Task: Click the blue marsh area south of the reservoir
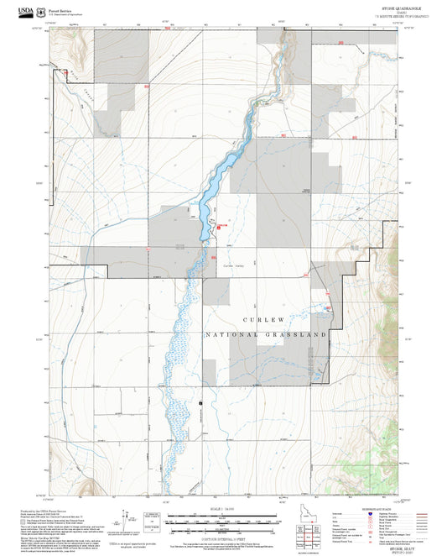pos(180,353)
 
